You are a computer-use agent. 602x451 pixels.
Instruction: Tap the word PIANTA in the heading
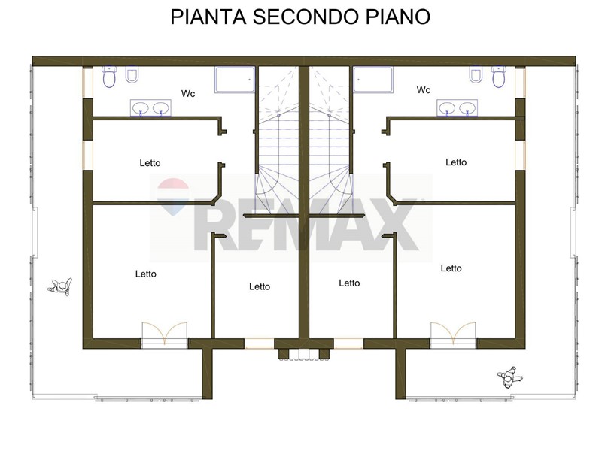[208, 17]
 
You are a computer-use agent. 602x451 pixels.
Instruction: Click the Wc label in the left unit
[188, 93]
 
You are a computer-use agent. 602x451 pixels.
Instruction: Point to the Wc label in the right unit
[424, 90]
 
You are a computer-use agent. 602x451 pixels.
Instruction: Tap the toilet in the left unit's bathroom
[109, 76]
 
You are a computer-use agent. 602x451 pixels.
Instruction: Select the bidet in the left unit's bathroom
[132, 74]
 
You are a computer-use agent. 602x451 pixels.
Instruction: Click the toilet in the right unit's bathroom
[499, 76]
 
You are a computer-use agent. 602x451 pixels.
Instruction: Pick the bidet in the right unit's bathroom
[476, 74]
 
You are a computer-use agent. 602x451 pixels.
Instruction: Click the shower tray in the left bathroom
[235, 80]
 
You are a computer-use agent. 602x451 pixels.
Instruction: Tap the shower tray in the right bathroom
[373, 80]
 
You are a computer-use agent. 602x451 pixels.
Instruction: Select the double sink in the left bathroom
[151, 107]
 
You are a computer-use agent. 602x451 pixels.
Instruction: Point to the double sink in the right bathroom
[458, 107]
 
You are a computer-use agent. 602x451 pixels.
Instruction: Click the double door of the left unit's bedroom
[164, 334]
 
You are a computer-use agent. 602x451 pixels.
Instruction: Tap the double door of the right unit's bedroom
[453, 334]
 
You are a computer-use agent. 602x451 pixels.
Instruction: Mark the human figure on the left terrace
[60, 287]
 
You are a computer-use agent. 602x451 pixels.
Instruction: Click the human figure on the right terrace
[509, 377]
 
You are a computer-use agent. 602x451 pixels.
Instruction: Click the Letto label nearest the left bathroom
[150, 163]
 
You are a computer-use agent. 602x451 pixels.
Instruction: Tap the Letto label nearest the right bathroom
[456, 162]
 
